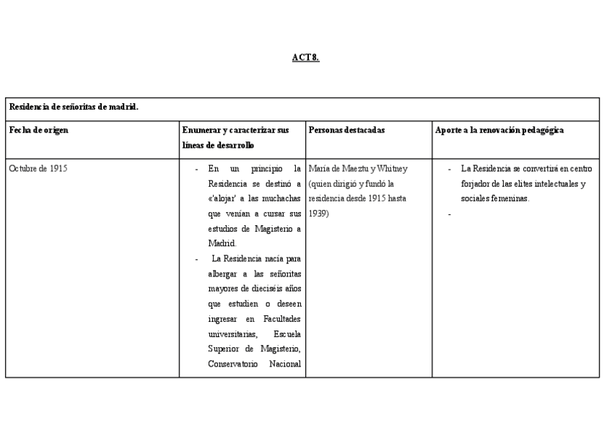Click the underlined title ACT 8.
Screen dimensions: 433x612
(x=305, y=58)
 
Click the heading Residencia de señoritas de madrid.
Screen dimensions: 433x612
(x=74, y=107)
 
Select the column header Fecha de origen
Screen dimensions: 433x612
(x=39, y=131)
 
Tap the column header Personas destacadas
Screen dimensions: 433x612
(x=346, y=131)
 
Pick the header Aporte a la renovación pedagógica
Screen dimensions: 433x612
(x=499, y=131)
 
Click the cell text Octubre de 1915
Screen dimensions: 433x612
(x=39, y=169)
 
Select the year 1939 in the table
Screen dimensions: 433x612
(x=318, y=214)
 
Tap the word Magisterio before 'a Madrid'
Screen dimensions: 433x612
(x=271, y=229)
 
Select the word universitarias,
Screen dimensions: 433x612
(x=232, y=333)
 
